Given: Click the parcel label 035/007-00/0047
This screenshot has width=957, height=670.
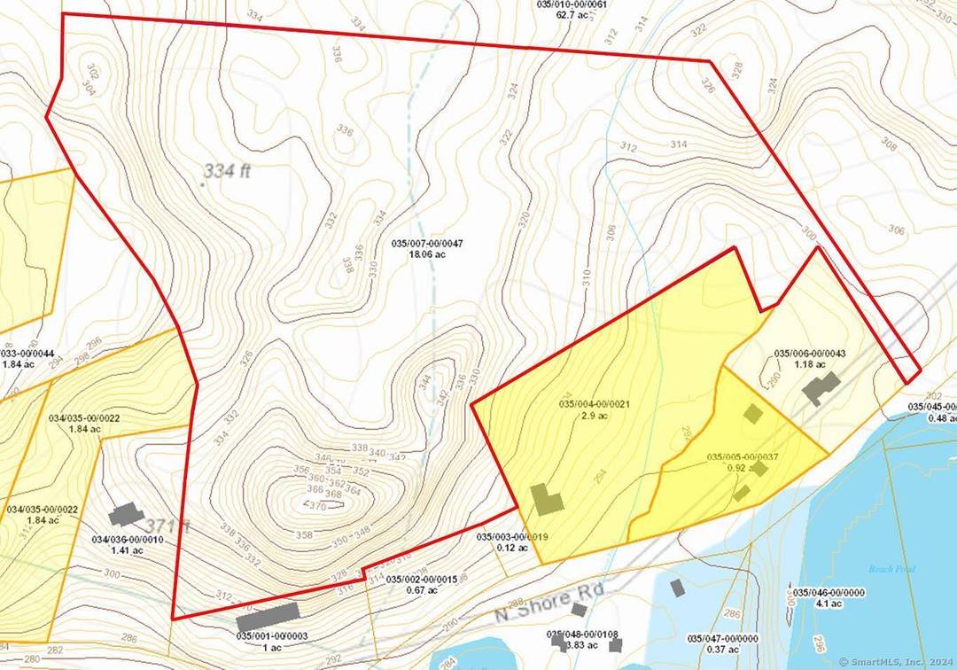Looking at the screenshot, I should (427, 243).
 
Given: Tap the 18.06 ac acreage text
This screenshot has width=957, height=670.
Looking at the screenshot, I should (427, 254).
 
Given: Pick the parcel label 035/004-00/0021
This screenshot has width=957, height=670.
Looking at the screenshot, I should (594, 404).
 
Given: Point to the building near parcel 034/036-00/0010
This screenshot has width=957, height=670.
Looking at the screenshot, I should (126, 514).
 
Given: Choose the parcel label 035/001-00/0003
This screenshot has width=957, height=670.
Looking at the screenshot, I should (271, 635).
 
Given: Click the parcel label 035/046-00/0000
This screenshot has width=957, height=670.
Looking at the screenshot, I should (829, 592).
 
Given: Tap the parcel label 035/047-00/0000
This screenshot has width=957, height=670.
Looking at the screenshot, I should (723, 637).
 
